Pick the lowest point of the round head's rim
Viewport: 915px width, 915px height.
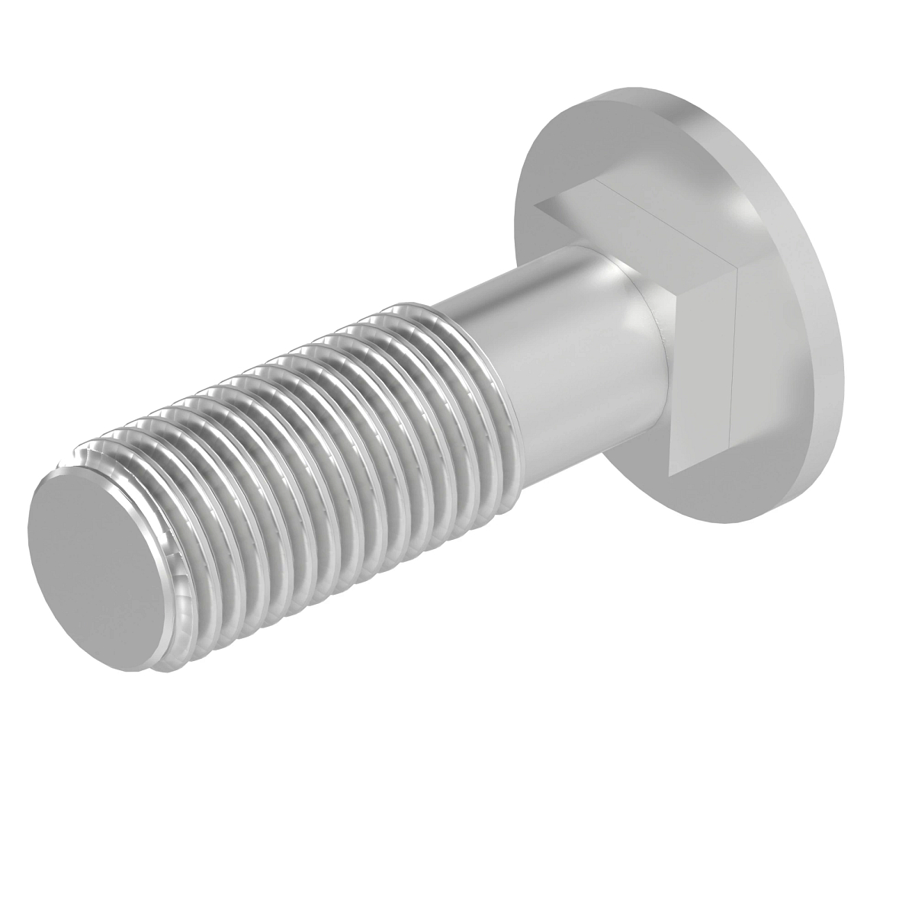coord(732,524)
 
